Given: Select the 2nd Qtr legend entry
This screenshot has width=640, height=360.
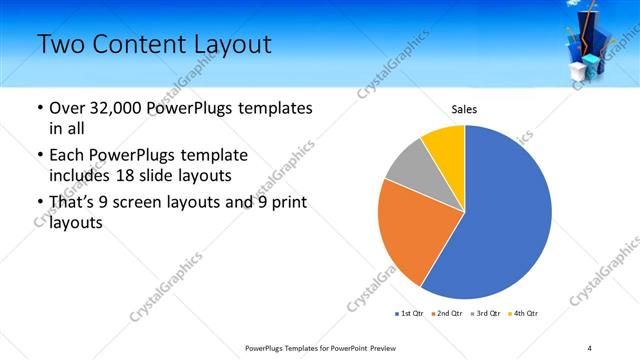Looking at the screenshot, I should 446,314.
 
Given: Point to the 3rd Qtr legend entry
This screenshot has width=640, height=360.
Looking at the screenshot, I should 484,314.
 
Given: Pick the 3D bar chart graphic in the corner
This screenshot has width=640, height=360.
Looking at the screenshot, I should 598,45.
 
